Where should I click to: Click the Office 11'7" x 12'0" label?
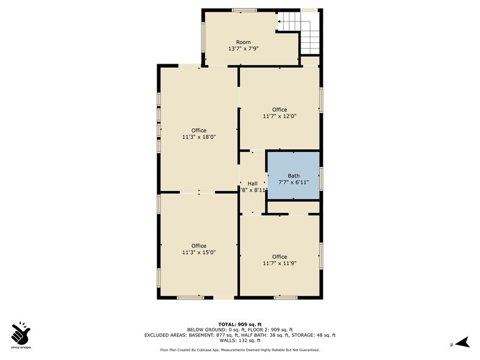[279, 113]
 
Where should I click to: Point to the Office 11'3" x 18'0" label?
[198, 133]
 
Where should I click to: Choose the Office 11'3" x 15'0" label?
[198, 249]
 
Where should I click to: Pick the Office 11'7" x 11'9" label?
[279, 260]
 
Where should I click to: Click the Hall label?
[252, 184]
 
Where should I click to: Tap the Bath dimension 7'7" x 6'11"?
[294, 182]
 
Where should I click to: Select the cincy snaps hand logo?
[21, 333]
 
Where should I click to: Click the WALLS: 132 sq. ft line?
[239, 340]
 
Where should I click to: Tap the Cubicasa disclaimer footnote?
[239, 350]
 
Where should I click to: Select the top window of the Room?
[244, 10]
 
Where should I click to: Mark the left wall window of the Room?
[203, 37]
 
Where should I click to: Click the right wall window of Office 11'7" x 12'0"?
[321, 99]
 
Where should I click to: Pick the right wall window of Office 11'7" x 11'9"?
[321, 255]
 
